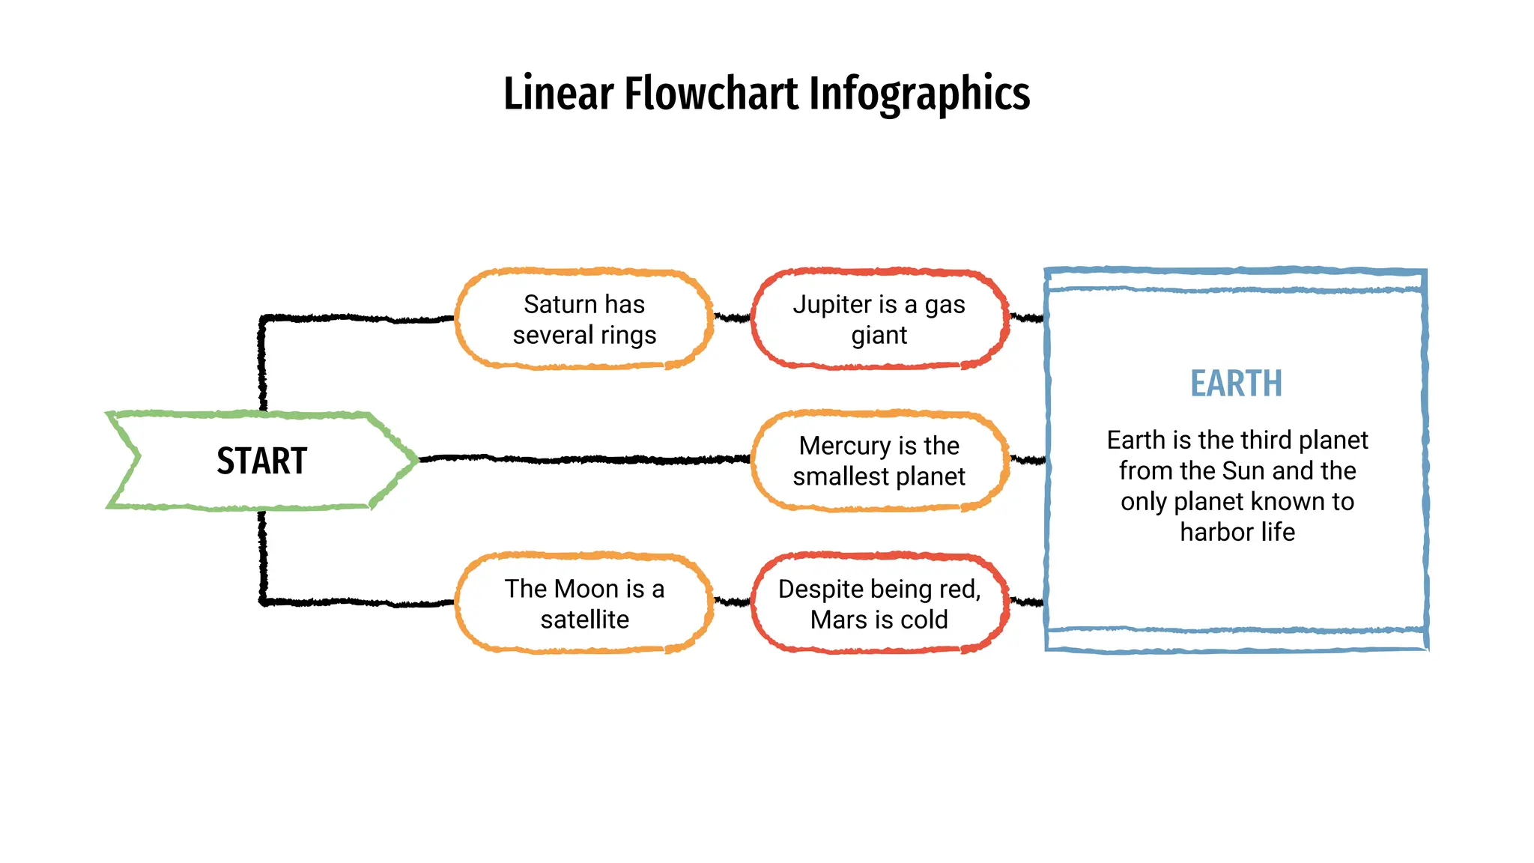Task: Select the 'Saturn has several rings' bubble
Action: (584, 319)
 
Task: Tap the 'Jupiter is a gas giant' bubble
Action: (879, 319)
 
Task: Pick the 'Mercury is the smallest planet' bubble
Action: (879, 461)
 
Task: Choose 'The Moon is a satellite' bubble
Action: (584, 604)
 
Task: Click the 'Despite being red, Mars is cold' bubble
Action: (879, 604)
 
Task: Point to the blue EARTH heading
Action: (1236, 384)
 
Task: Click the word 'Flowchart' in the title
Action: (712, 94)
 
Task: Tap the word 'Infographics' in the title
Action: (920, 94)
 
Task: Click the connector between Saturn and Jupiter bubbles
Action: (732, 318)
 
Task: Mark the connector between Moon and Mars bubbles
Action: (732, 601)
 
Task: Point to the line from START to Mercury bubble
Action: (584, 459)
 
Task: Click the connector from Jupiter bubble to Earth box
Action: (1027, 318)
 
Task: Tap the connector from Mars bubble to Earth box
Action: (1027, 601)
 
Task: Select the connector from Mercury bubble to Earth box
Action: (1027, 459)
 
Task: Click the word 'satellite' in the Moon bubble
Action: (584, 620)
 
